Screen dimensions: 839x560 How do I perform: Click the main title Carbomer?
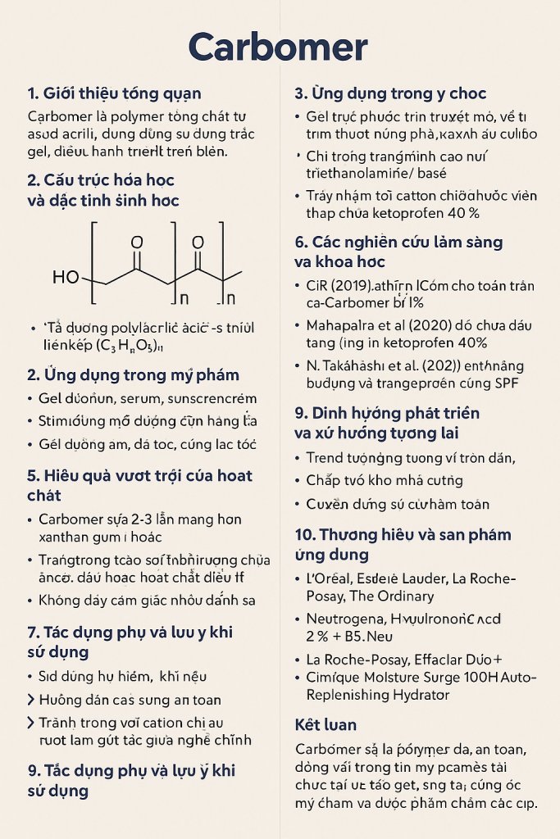[x=278, y=47]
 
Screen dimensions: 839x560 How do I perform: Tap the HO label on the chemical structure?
[x=66, y=277]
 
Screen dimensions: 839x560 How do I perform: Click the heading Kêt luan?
[x=326, y=725]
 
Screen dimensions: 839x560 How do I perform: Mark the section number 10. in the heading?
[x=305, y=535]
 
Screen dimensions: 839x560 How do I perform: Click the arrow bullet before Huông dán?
[x=31, y=700]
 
